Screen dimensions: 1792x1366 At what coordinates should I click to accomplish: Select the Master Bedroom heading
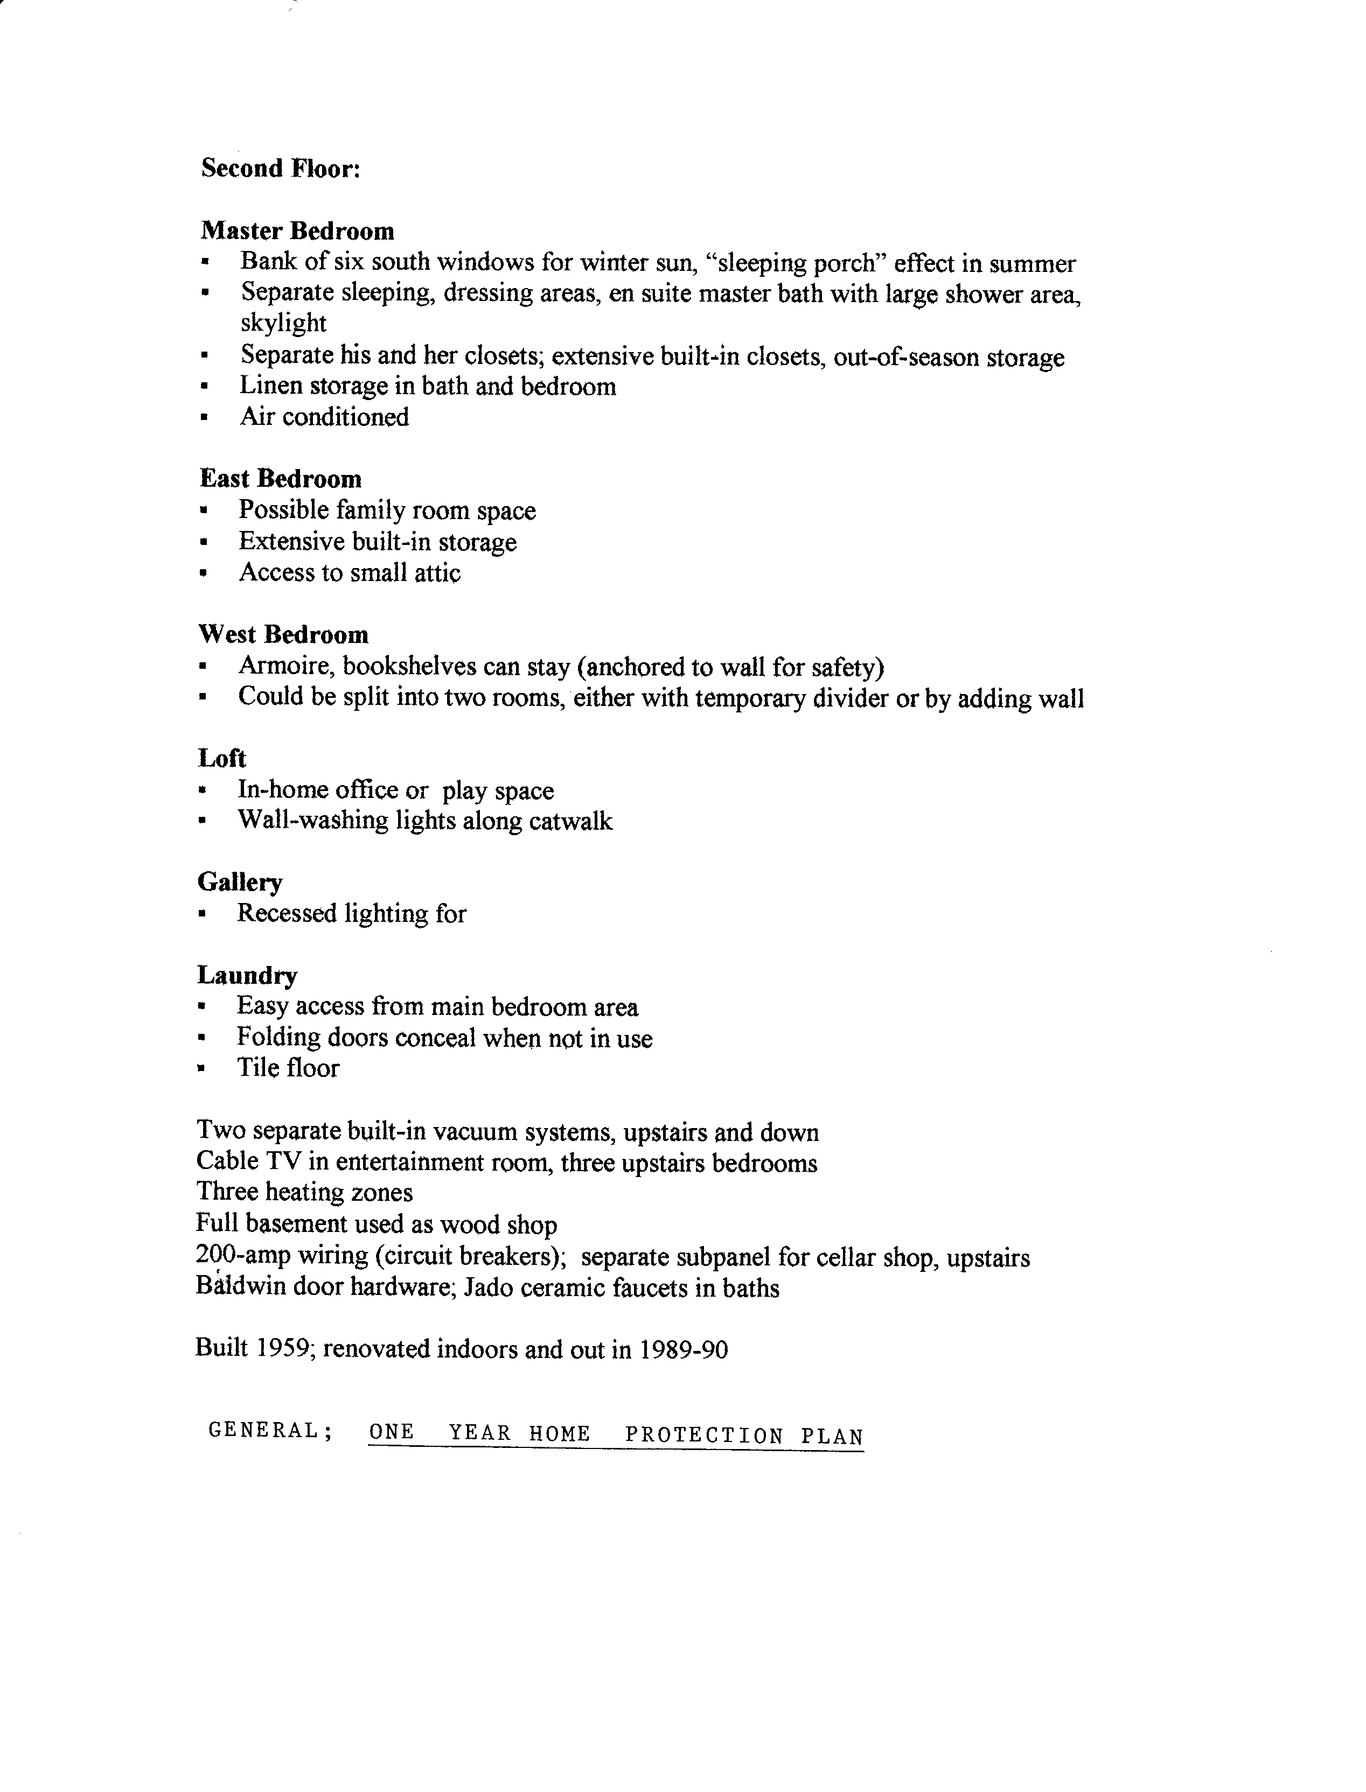[x=297, y=231]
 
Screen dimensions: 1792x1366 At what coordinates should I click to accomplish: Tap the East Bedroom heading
[x=281, y=479]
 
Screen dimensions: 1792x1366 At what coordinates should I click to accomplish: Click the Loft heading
[x=221, y=758]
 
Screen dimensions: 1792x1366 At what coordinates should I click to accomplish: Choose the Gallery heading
[x=240, y=882]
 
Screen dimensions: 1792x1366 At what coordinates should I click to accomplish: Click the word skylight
[x=283, y=324]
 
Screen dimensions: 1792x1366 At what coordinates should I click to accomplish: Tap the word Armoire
[x=286, y=667]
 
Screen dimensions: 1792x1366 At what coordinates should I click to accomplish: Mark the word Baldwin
[x=240, y=1287]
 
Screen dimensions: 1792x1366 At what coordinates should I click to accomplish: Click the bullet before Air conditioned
[x=204, y=418]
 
